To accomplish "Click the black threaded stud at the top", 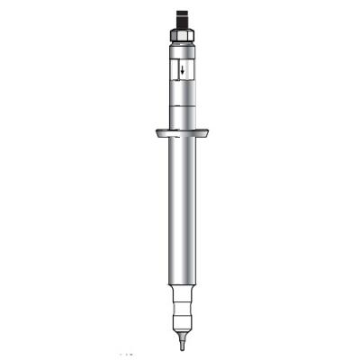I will pos(181,17).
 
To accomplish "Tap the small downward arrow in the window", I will pos(181,70).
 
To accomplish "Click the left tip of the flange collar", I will pos(156,134).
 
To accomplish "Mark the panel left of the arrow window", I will pos(169,70).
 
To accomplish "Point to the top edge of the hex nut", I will pos(181,25).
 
